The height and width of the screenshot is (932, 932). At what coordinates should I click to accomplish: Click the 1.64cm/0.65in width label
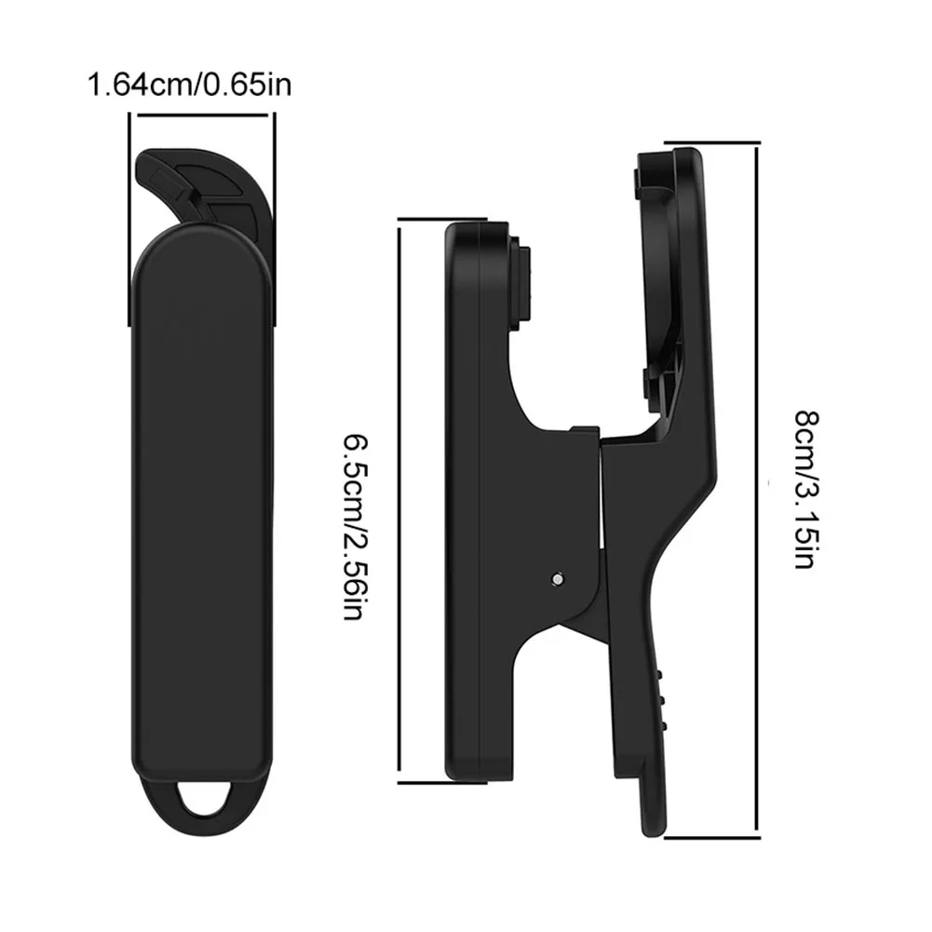190,85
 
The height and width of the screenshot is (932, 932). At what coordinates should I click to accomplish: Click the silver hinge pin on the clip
558,578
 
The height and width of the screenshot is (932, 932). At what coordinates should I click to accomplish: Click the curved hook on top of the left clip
202,190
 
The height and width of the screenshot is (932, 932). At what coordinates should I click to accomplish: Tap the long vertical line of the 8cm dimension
757,282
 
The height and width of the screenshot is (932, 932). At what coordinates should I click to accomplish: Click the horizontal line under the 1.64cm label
203,115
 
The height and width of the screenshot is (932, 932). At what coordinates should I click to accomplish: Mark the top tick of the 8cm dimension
712,143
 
